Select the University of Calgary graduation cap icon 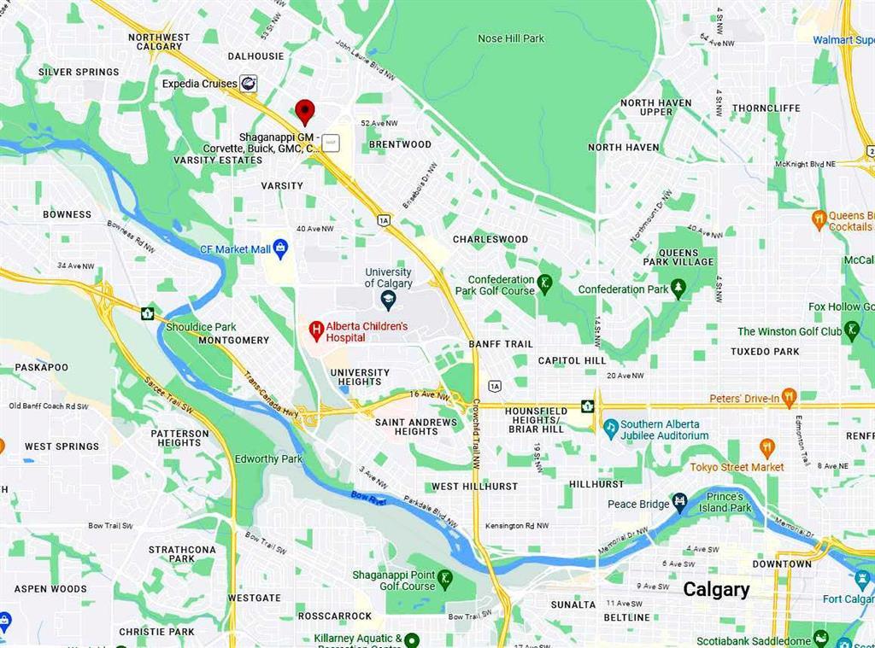pos(389,300)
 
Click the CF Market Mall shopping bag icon pos(280,248)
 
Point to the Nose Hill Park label pos(511,38)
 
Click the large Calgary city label pos(716,589)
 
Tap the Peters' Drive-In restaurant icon pos(789,398)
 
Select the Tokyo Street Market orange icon pos(766,447)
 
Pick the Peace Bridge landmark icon pos(680,503)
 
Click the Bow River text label pos(368,498)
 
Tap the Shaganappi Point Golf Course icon pos(444,581)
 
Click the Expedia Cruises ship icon pos(249,83)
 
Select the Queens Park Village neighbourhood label pos(678,257)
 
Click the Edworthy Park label pos(268,459)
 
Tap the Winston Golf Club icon pos(851,330)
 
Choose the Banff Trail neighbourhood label pos(500,344)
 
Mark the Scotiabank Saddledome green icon pos(820,639)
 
